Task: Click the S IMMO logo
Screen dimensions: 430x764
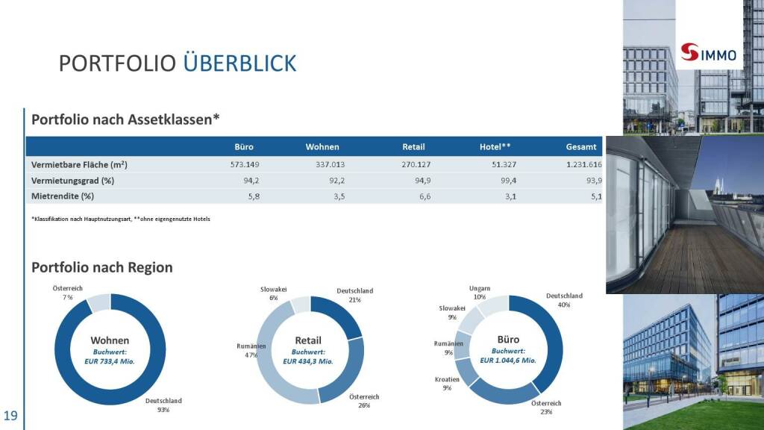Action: coord(709,54)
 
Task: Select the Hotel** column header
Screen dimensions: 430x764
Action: coord(495,147)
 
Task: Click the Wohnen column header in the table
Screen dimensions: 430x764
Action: coord(322,147)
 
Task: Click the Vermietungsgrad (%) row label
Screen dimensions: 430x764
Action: coord(72,181)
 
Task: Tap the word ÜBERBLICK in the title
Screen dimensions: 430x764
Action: coord(239,64)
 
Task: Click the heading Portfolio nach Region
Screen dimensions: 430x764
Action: coord(102,267)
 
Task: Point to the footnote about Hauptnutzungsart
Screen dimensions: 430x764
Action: coord(121,219)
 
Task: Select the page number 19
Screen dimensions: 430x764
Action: coord(10,416)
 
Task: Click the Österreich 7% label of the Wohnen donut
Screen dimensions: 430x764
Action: coord(68,293)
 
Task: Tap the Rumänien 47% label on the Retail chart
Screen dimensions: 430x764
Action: coord(251,350)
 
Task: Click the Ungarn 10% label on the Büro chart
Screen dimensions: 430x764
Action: coord(480,293)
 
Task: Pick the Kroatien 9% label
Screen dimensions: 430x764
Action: coord(447,384)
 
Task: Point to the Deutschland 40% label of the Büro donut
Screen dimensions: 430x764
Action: coord(564,300)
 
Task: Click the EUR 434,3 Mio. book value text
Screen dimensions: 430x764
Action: coord(308,361)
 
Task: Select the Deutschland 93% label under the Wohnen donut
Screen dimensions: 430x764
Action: coord(163,405)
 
